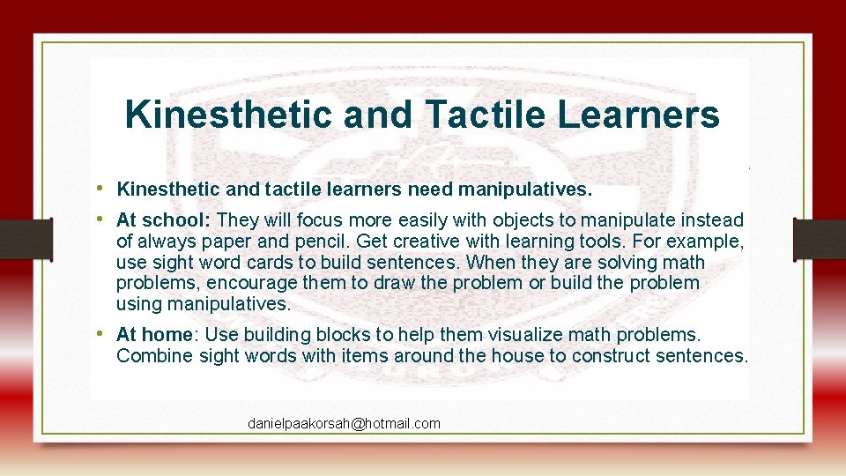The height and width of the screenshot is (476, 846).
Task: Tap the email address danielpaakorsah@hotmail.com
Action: [344, 424]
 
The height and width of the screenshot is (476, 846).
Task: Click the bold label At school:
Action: [163, 219]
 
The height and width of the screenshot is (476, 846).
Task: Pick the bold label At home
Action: [154, 335]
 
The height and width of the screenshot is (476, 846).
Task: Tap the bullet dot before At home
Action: [102, 334]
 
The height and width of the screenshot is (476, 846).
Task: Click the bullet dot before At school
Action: [102, 219]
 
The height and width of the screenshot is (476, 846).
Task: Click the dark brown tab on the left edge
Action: [16, 238]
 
